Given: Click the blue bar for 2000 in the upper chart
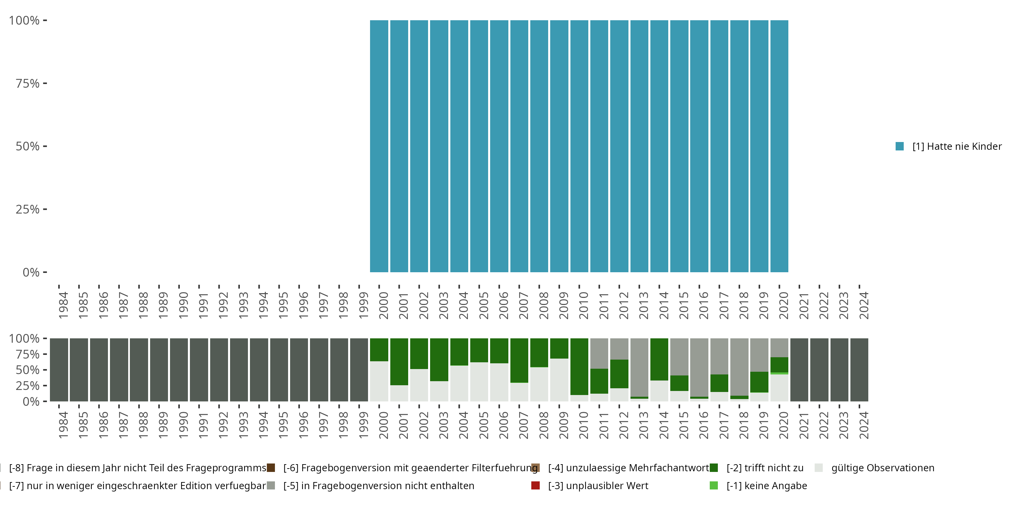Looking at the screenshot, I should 379,146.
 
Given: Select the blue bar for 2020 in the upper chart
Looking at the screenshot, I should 779,146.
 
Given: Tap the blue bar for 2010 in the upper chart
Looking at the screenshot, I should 579,146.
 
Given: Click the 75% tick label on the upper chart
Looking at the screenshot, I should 28,83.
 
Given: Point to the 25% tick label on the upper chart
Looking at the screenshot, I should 28,209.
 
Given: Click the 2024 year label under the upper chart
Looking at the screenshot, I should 864,305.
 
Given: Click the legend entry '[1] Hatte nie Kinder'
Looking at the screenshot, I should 956,146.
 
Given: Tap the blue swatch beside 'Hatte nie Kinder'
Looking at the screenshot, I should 900,146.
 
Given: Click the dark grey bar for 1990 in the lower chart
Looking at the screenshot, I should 179,370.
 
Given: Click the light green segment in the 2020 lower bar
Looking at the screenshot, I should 779,373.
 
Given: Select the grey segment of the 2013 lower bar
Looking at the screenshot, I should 639,367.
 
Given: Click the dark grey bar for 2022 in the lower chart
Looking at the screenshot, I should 819,370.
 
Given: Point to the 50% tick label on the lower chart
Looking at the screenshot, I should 28,370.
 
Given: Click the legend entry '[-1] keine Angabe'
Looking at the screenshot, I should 766,485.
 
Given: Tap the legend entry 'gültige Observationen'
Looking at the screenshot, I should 882,468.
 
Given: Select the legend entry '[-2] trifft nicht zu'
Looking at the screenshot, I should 764,468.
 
